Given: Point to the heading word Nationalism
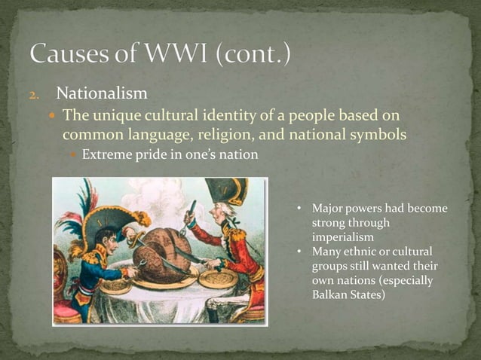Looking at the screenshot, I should [x=102, y=94].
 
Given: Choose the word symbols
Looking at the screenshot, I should [x=377, y=135].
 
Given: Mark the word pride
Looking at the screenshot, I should [x=154, y=156].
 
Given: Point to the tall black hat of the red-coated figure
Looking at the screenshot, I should [x=225, y=193].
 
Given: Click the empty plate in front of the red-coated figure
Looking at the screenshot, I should [x=219, y=278].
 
